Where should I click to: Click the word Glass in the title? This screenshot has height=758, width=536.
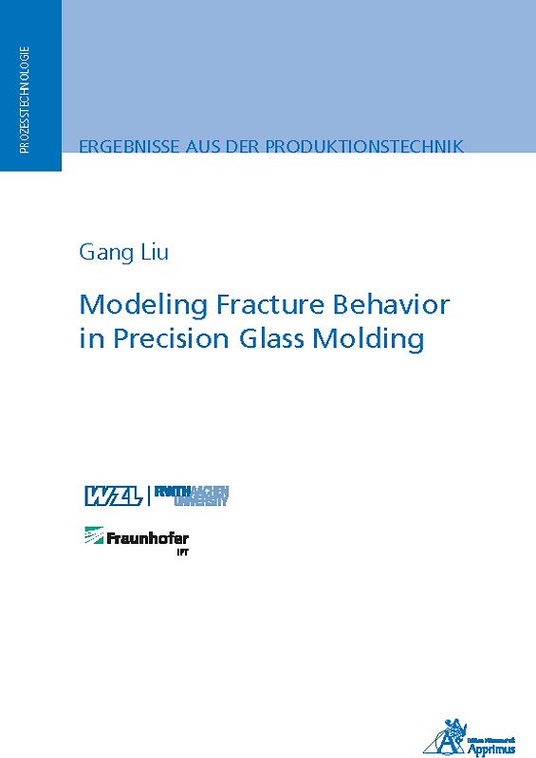pos(282,339)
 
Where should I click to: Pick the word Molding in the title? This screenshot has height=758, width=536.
pos(379,340)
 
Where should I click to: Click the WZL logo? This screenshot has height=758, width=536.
pos(112,496)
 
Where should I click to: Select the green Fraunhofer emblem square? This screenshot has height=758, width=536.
pos(94,535)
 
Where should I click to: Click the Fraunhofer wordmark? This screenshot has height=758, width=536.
pos(148,538)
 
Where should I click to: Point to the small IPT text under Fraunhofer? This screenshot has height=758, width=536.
pos(181,551)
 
